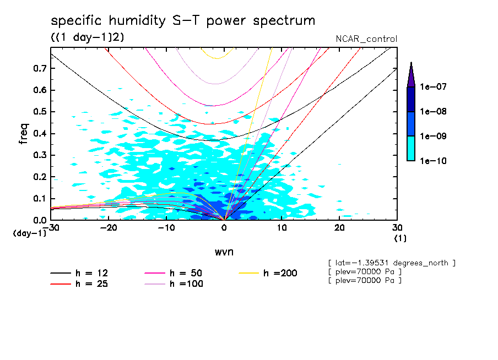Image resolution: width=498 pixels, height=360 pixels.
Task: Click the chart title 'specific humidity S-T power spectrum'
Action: coord(183,21)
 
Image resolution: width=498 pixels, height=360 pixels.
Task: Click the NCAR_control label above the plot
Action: coord(366,39)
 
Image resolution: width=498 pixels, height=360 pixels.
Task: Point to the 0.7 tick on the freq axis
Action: coord(40,68)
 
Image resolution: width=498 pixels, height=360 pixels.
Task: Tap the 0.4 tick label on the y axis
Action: coord(40,134)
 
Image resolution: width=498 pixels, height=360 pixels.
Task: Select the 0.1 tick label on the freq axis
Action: coord(40,199)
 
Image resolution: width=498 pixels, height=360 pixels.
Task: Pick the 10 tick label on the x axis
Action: coord(282,228)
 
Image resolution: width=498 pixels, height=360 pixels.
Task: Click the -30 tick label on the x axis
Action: coord(51,228)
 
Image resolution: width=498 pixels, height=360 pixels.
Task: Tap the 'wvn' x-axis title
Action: coord(224,252)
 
